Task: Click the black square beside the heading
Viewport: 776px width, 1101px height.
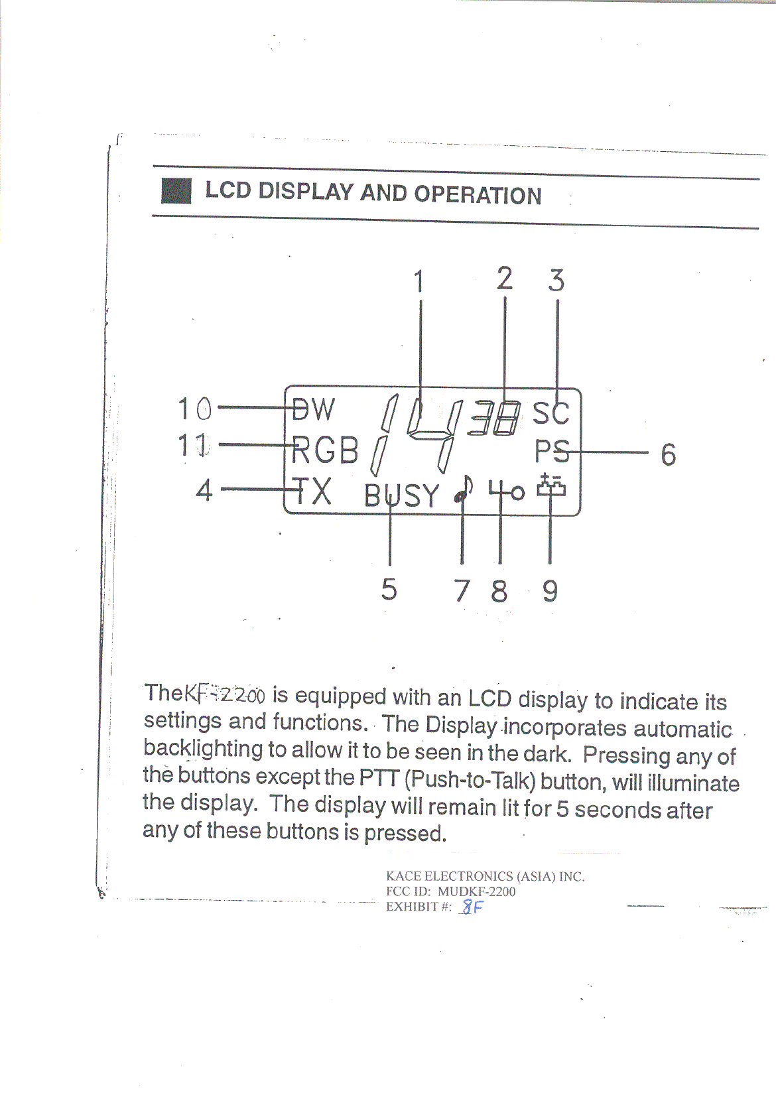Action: click(x=176, y=191)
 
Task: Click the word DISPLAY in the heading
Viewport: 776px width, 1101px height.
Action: click(x=306, y=192)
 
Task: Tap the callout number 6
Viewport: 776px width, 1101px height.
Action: click(x=668, y=455)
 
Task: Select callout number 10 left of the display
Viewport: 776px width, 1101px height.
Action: click(x=195, y=409)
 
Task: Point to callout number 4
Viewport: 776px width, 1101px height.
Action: click(x=204, y=491)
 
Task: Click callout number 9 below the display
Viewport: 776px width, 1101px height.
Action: click(x=550, y=590)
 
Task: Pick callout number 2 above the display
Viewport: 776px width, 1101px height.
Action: click(x=505, y=279)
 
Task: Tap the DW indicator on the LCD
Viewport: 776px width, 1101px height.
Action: click(x=314, y=409)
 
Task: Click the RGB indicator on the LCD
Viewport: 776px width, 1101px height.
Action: click(x=325, y=450)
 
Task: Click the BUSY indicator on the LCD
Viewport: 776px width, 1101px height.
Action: click(x=401, y=495)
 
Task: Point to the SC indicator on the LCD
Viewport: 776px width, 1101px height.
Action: click(x=550, y=413)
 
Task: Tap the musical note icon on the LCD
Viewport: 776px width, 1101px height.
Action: click(x=464, y=489)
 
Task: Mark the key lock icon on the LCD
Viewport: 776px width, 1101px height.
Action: click(x=507, y=490)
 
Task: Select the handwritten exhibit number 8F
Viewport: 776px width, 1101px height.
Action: click(x=472, y=907)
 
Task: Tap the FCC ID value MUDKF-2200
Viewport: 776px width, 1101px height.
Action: click(x=476, y=891)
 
